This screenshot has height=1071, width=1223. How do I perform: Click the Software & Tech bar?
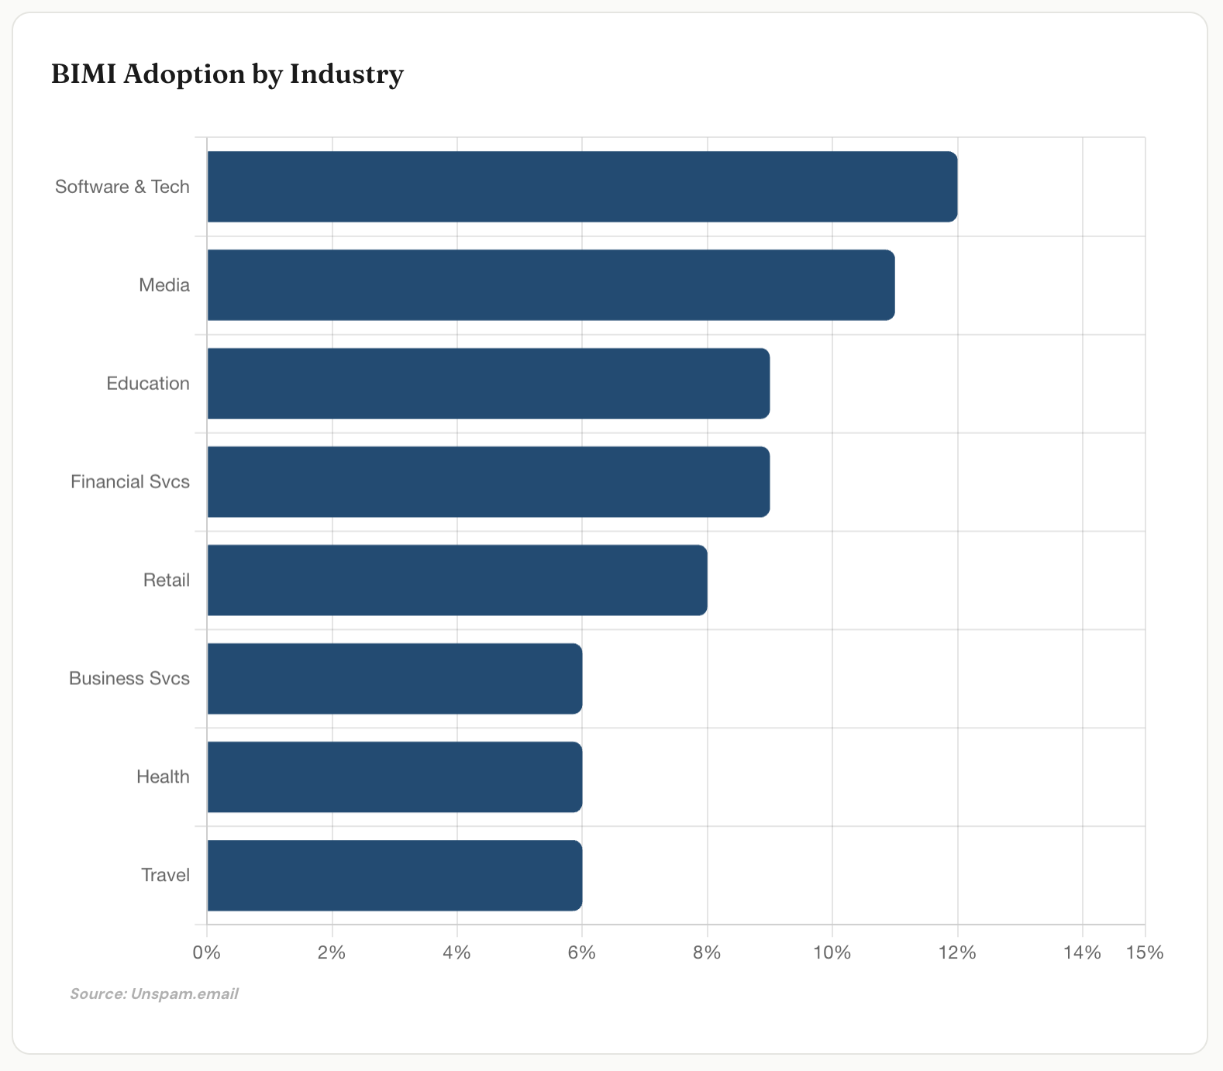581,187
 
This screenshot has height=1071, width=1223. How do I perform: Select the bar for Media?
550,285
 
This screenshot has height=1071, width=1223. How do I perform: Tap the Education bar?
488,384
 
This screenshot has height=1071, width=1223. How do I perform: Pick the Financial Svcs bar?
488,482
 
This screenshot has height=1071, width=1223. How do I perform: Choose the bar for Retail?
457,580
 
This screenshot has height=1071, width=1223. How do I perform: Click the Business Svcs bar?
394,679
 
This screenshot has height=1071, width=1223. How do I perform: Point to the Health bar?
394,777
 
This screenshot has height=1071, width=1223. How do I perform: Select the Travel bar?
394,876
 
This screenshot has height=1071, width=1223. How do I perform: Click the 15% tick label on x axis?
1145,952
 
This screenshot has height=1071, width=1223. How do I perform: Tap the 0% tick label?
207,952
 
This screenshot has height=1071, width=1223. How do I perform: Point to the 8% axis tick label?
707,952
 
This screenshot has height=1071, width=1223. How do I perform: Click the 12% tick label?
957,952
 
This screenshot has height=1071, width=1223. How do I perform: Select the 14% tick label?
1082,952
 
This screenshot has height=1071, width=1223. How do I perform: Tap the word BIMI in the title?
84,74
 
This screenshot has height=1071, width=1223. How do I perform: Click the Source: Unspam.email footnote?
154,994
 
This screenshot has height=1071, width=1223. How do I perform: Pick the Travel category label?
165,876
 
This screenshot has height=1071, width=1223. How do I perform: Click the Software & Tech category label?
122,187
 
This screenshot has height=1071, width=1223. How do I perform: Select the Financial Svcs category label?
130,482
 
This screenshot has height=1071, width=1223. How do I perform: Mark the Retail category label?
167,580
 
